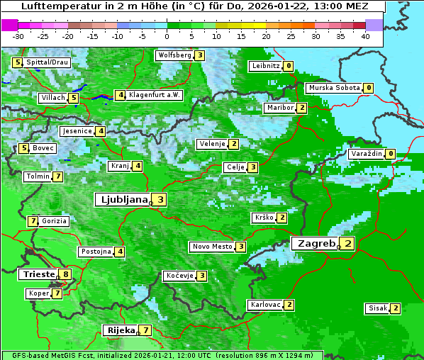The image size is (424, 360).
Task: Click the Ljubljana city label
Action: pyautogui.click(x=123, y=200)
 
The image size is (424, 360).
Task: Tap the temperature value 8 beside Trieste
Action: pyautogui.click(x=66, y=274)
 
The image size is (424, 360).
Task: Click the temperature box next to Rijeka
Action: pyautogui.click(x=145, y=330)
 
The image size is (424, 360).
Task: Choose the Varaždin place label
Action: pyautogui.click(x=367, y=154)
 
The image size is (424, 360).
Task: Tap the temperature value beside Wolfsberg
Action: pyautogui.click(x=200, y=55)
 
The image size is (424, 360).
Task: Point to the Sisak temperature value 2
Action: pyautogui.click(x=395, y=308)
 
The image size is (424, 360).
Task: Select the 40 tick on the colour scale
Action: pyautogui.click(x=365, y=36)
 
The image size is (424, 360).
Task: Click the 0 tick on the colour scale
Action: pyautogui.click(x=167, y=36)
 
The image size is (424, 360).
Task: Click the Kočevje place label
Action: pyautogui.click(x=179, y=276)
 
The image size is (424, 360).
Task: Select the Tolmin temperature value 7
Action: pyautogui.click(x=57, y=176)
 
